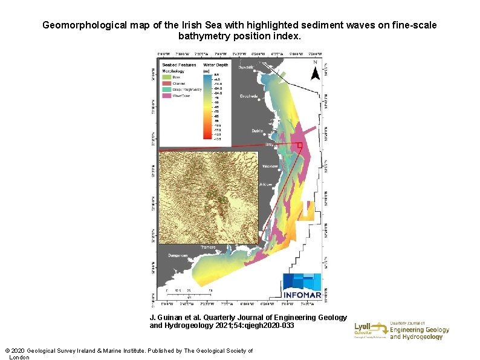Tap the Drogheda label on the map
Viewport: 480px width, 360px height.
(x=249, y=96)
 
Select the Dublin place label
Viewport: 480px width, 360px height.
(x=258, y=131)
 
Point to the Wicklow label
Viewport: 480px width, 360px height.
(x=270, y=166)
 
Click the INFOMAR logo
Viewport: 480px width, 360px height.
(x=302, y=286)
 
